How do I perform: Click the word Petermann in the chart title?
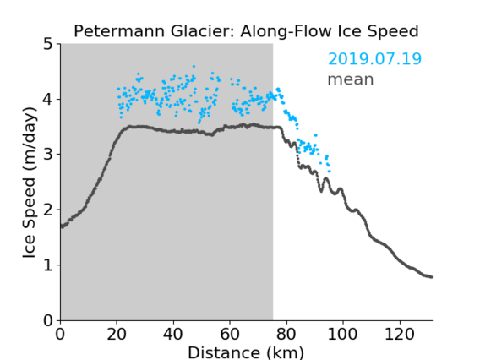[120, 31]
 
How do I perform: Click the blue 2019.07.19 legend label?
[374, 59]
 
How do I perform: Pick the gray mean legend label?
[351, 79]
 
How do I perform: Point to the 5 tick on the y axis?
[48, 45]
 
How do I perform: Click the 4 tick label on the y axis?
[48, 100]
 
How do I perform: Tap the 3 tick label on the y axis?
[48, 155]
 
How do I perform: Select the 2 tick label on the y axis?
[48, 210]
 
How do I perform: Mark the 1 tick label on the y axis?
[48, 265]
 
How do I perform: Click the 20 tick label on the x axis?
[117, 334]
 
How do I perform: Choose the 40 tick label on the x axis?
[173, 334]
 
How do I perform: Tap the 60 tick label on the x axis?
[230, 334]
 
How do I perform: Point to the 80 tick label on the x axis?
[286, 334]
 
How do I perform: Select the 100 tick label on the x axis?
[342, 334]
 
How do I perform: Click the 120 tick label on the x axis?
[399, 334]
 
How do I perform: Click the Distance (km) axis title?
[246, 352]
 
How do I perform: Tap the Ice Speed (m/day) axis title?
[30, 183]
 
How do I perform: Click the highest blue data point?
[194, 66]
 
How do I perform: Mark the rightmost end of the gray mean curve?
[431, 277]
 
